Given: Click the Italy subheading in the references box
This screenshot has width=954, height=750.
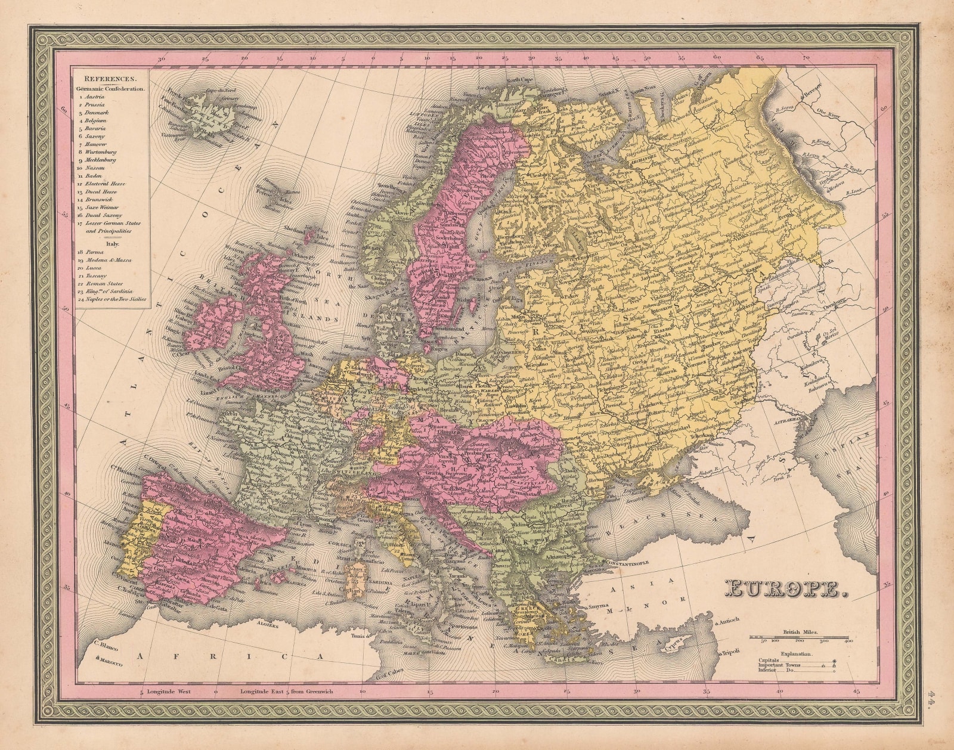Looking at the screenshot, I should pos(110,243).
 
